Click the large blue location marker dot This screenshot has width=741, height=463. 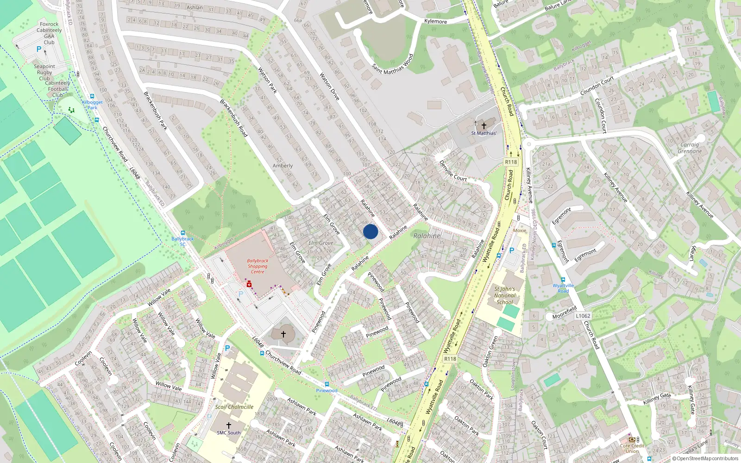(x=370, y=231)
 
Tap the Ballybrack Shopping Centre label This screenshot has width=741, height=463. (x=257, y=266)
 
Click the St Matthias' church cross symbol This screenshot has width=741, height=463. (x=484, y=125)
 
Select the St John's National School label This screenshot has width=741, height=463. (x=504, y=295)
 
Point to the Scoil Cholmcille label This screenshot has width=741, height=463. (x=234, y=407)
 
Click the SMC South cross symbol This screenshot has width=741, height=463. (x=228, y=425)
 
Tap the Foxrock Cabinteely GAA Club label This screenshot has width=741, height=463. (x=49, y=33)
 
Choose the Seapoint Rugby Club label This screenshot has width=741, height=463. (x=44, y=72)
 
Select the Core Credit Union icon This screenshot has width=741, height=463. (x=632, y=439)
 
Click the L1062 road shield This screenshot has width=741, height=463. (x=583, y=316)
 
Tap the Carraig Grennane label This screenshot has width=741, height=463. (x=690, y=148)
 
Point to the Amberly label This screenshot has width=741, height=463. (x=283, y=166)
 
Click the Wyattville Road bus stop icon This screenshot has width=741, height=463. (x=563, y=280)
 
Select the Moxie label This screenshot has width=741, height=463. (x=520, y=230)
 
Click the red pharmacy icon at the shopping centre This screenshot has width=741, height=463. (x=249, y=284)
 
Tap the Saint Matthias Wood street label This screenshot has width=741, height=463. (x=392, y=64)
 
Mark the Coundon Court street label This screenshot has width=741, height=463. (x=597, y=86)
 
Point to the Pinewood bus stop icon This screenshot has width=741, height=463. (x=327, y=384)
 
